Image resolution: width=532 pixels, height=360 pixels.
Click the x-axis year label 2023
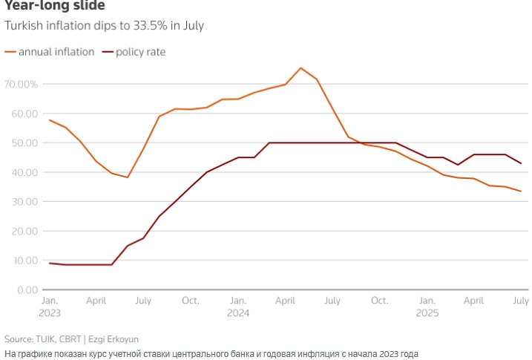(x=49, y=313)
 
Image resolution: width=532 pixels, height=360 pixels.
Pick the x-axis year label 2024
(x=238, y=313)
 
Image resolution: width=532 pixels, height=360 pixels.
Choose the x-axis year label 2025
(x=427, y=313)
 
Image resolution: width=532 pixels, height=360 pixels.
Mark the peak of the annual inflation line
(x=301, y=68)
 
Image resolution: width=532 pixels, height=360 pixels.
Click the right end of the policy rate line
(x=521, y=163)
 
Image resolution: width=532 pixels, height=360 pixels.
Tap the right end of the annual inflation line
(x=521, y=192)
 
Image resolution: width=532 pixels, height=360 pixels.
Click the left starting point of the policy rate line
(x=49, y=263)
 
